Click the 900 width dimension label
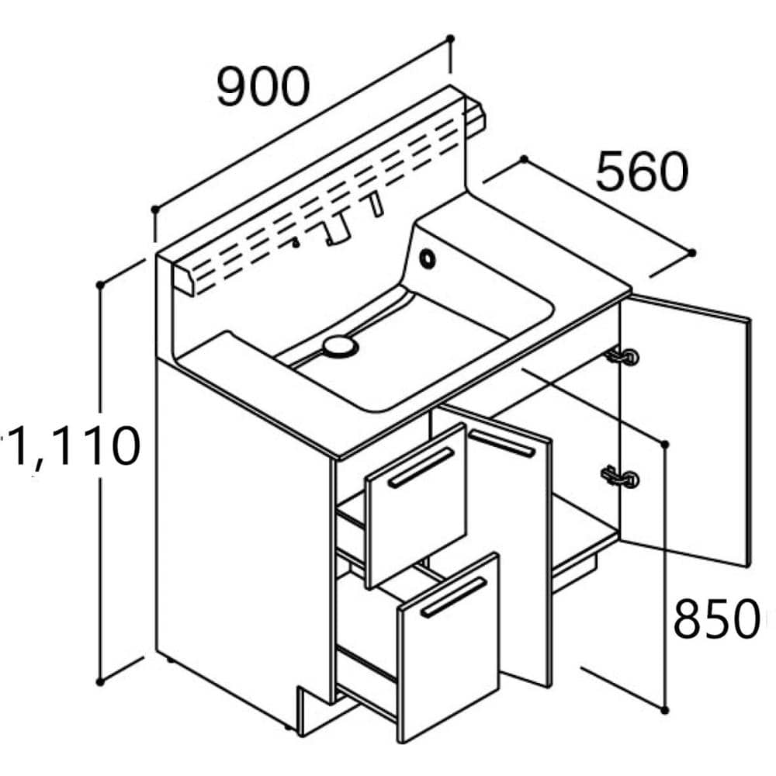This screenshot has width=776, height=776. (263, 87)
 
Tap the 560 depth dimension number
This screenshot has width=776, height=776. (643, 171)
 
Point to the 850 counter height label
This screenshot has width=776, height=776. (715, 618)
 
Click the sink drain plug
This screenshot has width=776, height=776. (340, 345)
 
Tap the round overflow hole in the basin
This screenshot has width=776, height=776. (427, 258)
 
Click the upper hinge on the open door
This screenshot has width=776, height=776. (622, 356)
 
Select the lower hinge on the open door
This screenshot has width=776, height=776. (621, 477)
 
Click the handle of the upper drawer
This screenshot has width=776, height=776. (421, 468)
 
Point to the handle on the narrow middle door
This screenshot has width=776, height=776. (502, 443)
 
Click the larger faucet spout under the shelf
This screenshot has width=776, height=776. (338, 229)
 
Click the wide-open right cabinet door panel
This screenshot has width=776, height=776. (686, 430)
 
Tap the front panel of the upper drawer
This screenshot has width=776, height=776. (417, 505)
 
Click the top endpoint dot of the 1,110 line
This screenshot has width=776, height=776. (100, 285)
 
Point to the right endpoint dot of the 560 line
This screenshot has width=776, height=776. (692, 253)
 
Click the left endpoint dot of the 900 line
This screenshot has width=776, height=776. (155, 210)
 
